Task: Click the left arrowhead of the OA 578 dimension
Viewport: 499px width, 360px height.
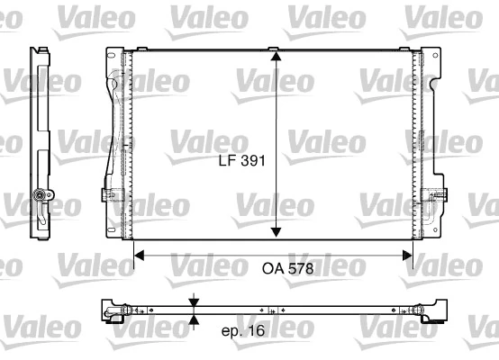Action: click(x=139, y=256)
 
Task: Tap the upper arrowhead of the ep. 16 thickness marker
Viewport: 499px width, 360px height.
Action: click(x=193, y=301)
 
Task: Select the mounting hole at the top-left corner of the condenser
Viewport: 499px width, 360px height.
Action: click(x=112, y=58)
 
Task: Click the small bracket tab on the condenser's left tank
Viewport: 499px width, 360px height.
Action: click(x=109, y=194)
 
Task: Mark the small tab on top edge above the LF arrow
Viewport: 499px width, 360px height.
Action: click(x=277, y=48)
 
